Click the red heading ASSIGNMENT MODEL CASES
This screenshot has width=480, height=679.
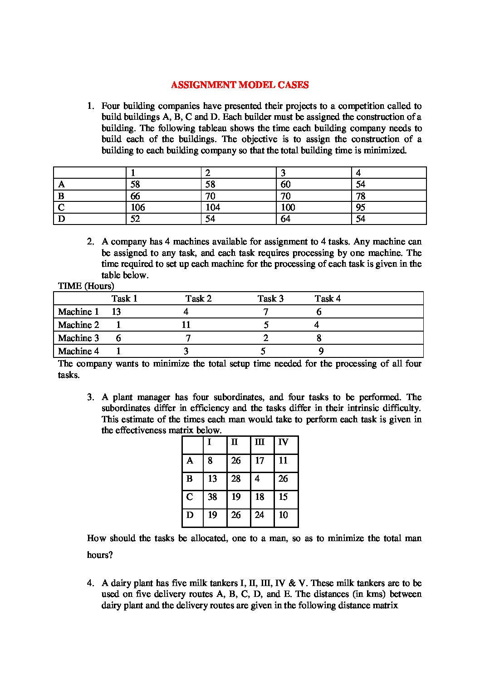click(x=240, y=85)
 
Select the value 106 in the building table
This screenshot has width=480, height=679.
click(x=137, y=207)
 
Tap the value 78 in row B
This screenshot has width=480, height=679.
click(x=361, y=196)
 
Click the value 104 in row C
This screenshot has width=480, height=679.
click(x=212, y=207)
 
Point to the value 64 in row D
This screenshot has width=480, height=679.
click(x=285, y=219)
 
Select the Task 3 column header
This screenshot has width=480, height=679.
click(x=270, y=298)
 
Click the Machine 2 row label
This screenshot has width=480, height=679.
click(x=78, y=325)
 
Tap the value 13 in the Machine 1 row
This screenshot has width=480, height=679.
click(x=116, y=312)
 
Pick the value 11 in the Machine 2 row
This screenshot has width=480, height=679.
click(x=186, y=325)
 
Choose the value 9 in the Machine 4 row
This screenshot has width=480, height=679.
click(x=321, y=351)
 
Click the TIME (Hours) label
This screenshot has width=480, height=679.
click(x=86, y=286)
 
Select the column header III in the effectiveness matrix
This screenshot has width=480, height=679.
click(x=260, y=442)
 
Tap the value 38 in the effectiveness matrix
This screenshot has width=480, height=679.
click(x=212, y=497)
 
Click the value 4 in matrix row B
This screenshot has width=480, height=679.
click(x=257, y=479)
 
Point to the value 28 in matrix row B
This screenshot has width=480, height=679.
click(x=236, y=479)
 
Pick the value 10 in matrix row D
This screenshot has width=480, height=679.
click(x=283, y=515)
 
